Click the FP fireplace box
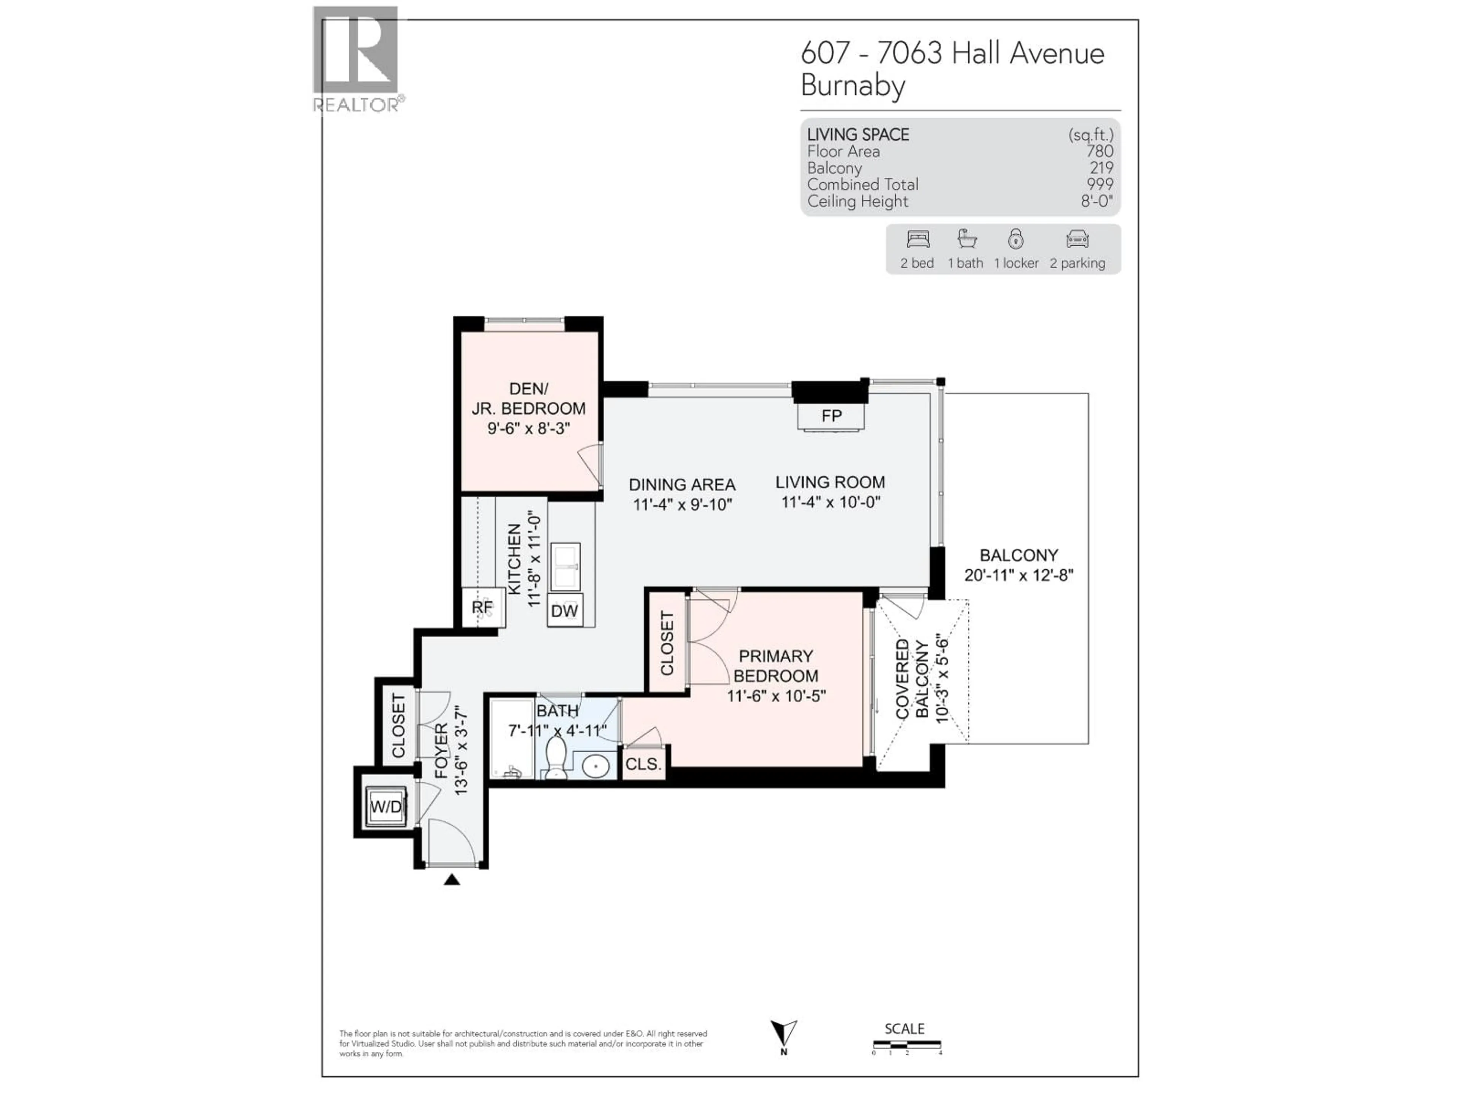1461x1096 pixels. pyautogui.click(x=831, y=416)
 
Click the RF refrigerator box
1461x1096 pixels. pyautogui.click(x=483, y=607)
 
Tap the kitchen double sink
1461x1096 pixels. pyautogui.click(x=565, y=566)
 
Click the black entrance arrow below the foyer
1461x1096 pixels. pyautogui.click(x=452, y=879)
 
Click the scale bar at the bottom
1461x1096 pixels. pyautogui.click(x=906, y=1045)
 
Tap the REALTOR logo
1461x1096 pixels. pyautogui.click(x=356, y=59)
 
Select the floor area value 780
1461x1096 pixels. pyautogui.click(x=1099, y=151)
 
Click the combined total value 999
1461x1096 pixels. pyautogui.click(x=1099, y=184)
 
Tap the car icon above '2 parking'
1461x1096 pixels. pyautogui.click(x=1077, y=239)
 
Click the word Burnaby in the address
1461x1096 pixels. pyautogui.click(x=853, y=86)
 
